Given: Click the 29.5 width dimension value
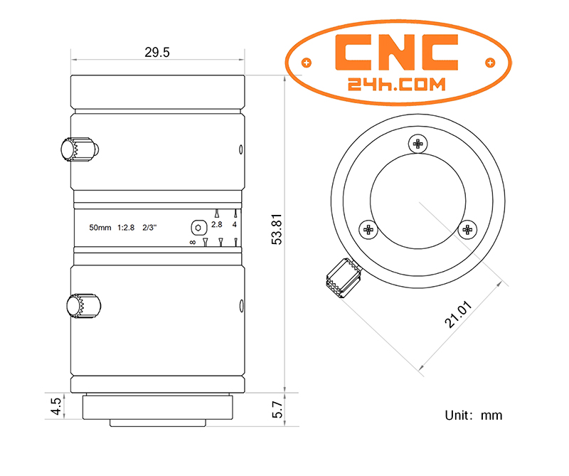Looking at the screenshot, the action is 156,52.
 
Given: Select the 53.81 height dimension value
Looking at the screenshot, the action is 277,229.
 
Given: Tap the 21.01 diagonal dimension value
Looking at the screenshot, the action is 459,314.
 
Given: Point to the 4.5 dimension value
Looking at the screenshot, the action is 56,406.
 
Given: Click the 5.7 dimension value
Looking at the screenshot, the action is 277,410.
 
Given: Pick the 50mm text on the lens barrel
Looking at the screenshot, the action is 100,228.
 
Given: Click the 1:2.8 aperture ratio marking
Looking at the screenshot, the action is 126,228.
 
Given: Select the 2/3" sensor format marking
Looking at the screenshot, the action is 149,228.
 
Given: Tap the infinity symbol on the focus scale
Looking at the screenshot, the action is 193,242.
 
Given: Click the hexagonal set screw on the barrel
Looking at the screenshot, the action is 199,228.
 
